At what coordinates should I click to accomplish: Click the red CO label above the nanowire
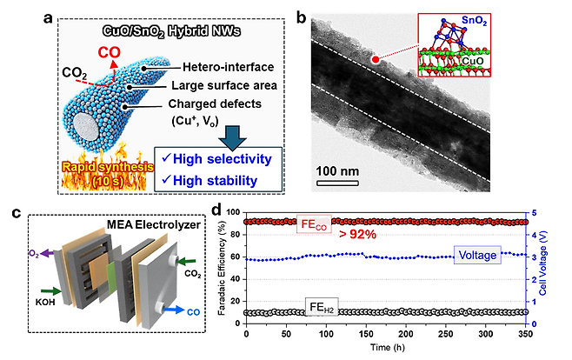tap(109, 52)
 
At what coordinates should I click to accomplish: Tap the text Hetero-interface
tap(228, 67)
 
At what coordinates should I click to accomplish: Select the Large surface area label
tap(224, 86)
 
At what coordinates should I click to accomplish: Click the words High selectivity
tap(223, 159)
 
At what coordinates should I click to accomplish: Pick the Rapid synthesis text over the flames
tap(108, 168)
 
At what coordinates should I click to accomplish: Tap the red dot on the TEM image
tap(376, 60)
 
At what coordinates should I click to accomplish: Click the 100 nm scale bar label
tap(337, 171)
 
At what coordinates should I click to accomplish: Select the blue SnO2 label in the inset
tap(474, 21)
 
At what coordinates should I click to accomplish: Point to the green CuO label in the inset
tap(472, 61)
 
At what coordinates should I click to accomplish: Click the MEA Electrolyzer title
tap(154, 224)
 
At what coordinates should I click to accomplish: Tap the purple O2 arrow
tap(46, 253)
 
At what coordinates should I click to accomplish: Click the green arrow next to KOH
tap(51, 290)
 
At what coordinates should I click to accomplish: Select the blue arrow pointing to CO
tap(174, 310)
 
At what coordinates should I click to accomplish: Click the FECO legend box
tap(314, 224)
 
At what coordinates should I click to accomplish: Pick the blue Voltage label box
tap(477, 255)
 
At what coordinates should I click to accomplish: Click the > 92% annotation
tap(357, 235)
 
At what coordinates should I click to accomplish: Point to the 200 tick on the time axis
tap(406, 334)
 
